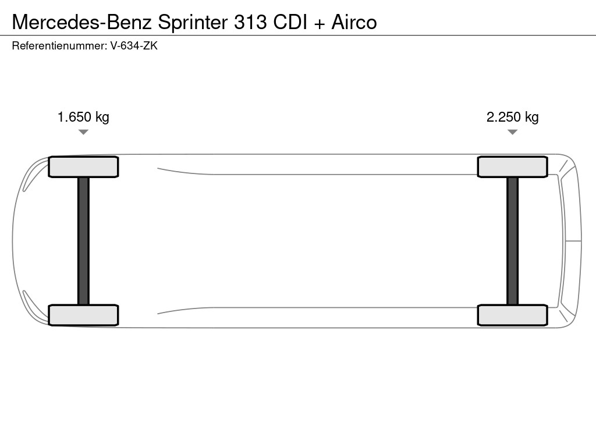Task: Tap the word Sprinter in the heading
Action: [193, 23]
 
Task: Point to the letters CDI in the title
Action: [290, 22]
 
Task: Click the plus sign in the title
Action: [320, 23]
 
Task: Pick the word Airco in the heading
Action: [354, 22]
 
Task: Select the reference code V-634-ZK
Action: [134, 46]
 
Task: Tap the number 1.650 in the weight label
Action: [74, 116]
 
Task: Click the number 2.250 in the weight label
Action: [503, 116]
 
